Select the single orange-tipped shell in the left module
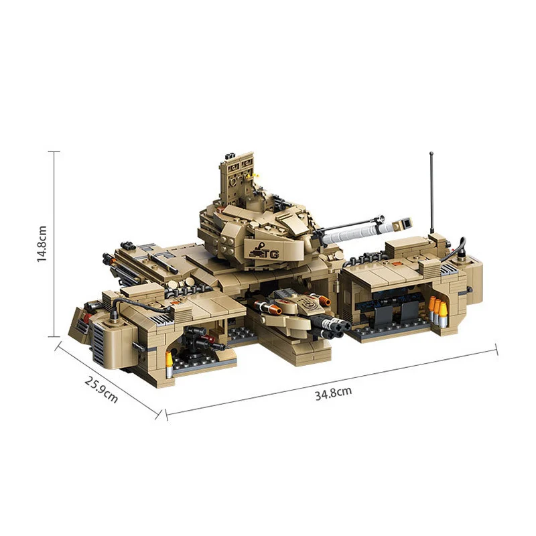169,360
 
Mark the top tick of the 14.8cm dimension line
54,151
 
